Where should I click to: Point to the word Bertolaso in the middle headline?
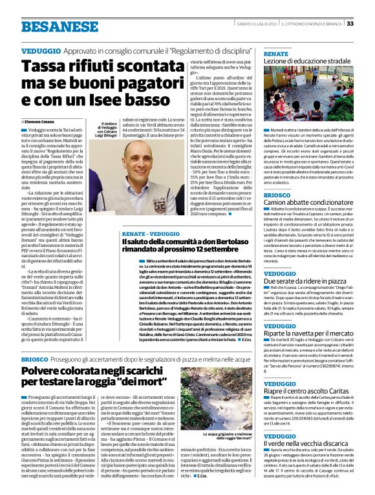click(220, 240)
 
